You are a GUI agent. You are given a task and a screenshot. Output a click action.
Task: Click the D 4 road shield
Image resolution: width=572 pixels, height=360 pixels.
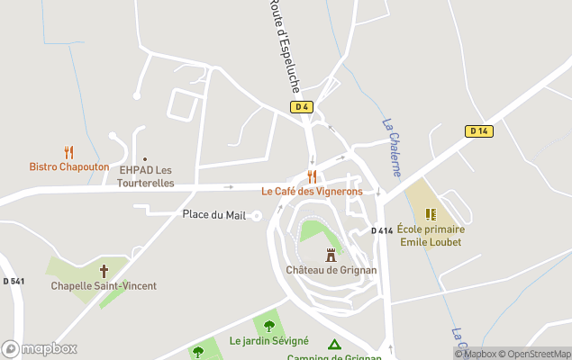click(x=301, y=107)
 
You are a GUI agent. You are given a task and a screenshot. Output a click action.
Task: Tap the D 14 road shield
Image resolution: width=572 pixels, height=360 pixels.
click(x=478, y=130)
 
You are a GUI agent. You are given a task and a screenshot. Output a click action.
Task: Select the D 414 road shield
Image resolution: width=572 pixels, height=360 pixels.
click(x=382, y=231)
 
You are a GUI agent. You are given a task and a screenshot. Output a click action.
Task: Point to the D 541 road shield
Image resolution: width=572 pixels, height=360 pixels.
click(x=14, y=282)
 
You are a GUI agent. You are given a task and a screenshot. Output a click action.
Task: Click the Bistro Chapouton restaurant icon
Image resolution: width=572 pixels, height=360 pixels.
click(x=69, y=152)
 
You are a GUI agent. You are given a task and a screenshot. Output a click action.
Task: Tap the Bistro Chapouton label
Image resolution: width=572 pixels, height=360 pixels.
click(x=69, y=166)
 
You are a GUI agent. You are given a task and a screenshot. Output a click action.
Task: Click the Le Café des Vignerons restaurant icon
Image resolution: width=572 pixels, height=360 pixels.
click(x=313, y=176)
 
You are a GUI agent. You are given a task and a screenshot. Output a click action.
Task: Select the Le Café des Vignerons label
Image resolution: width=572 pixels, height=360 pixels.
click(x=312, y=191)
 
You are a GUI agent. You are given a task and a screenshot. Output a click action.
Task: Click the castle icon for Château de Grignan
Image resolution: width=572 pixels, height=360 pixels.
click(x=331, y=255)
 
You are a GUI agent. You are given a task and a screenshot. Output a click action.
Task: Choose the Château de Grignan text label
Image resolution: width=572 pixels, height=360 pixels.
click(x=331, y=270)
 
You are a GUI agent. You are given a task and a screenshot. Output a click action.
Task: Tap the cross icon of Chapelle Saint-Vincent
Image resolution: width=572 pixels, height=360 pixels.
click(x=104, y=270)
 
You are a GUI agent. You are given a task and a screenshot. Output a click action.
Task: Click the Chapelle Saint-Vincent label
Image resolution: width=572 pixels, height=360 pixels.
click(x=104, y=285)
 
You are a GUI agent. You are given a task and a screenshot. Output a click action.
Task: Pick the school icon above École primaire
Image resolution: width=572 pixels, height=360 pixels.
click(x=431, y=214)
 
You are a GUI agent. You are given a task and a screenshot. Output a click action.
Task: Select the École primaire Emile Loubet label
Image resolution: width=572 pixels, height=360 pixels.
click(x=430, y=236)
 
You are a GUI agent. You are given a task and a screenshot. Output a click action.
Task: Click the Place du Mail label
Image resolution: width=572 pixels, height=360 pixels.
click(x=213, y=214)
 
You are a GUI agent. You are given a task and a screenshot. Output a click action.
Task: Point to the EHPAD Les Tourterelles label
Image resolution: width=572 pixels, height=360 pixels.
click(x=145, y=176)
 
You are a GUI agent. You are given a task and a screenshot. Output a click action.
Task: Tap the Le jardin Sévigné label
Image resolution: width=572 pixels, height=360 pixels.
click(x=269, y=341)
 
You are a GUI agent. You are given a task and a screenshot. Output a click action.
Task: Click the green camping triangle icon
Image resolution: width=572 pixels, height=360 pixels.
click(x=334, y=345)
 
